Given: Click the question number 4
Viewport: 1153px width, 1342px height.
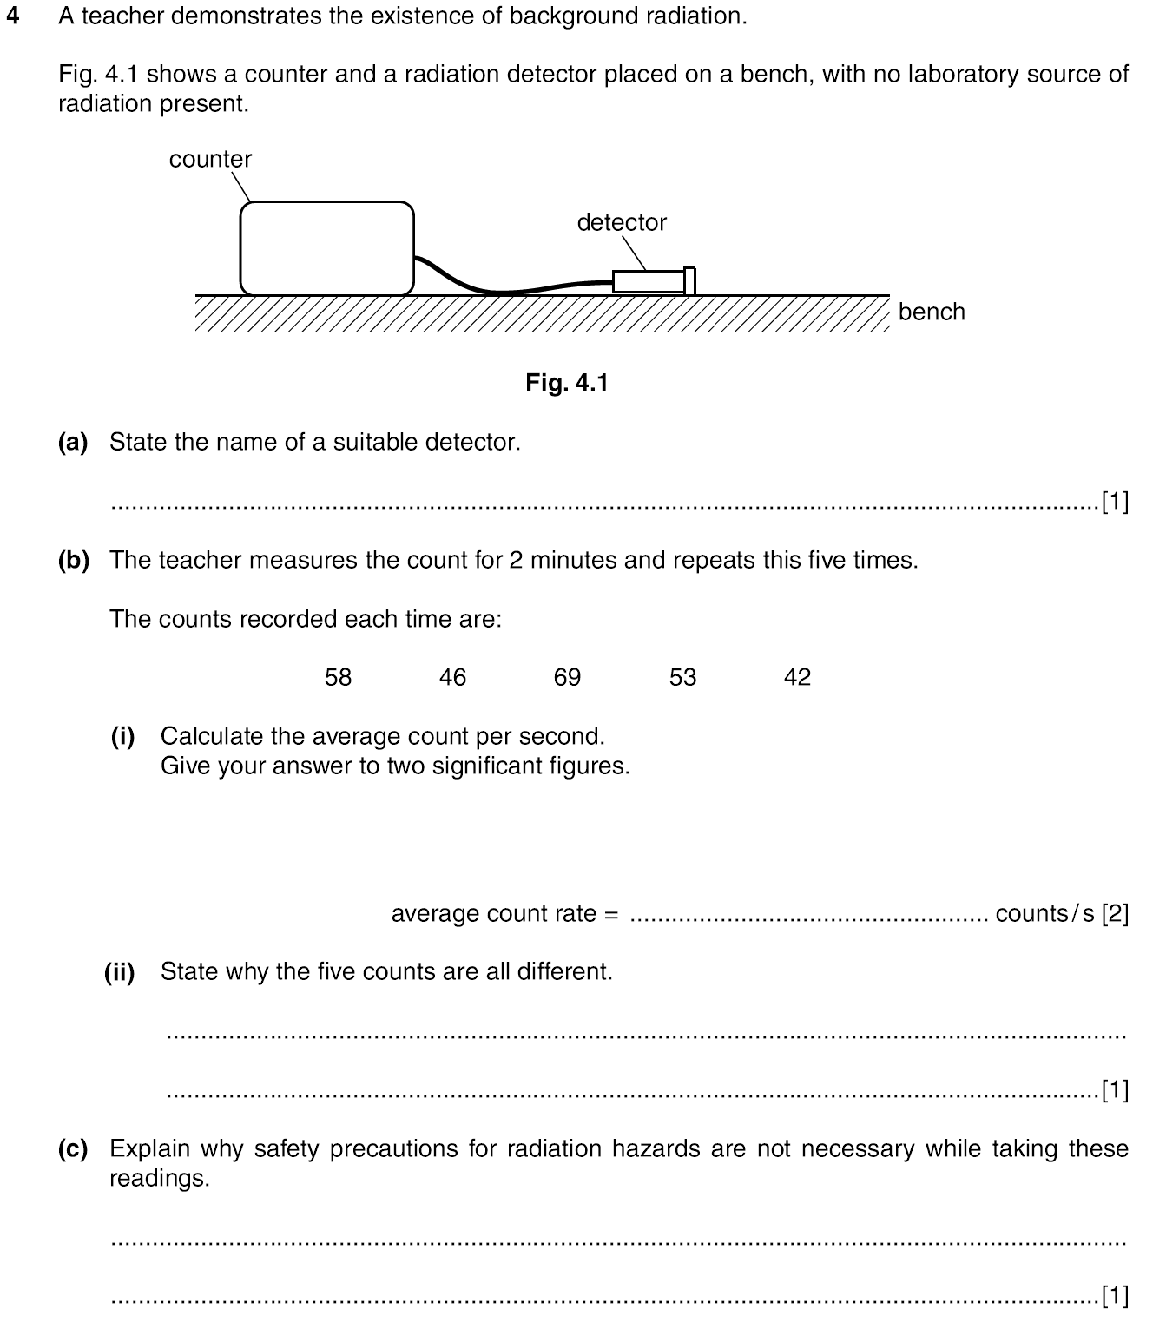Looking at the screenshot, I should [x=12, y=16].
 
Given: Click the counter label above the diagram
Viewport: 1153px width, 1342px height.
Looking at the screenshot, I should [x=210, y=160].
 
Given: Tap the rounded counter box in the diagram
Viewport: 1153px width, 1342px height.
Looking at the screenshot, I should [x=326, y=248].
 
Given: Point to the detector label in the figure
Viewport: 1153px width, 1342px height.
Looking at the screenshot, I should [x=622, y=223].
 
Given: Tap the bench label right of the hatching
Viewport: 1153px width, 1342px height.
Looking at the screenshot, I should [x=932, y=312].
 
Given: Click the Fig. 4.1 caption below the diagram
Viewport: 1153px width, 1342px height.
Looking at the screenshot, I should [x=567, y=383].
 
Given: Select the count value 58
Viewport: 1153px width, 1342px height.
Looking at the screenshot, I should [x=338, y=678].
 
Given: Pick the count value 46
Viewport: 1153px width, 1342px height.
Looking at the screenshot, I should [x=452, y=678].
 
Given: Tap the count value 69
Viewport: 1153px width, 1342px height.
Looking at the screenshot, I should [x=567, y=678].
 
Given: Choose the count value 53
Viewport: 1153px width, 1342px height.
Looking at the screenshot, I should [x=682, y=678].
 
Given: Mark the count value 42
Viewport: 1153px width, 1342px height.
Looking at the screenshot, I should [x=797, y=678].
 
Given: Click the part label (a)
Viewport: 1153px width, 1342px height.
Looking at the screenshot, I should [x=73, y=443].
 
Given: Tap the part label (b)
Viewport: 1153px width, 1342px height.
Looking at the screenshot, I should [x=73, y=561].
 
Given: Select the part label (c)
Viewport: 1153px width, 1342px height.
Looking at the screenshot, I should [x=73, y=1149].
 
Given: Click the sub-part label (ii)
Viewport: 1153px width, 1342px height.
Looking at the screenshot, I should [x=120, y=972].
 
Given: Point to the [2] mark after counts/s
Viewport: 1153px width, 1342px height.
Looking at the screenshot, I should [x=1115, y=914].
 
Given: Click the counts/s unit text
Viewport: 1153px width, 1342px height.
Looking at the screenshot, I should [x=1045, y=914].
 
